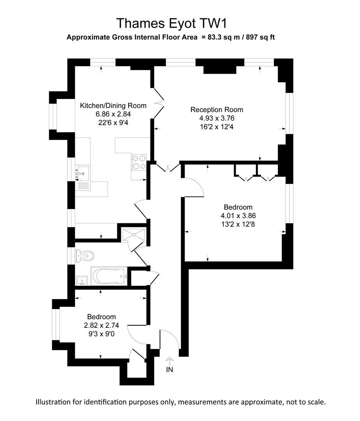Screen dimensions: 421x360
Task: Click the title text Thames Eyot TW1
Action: click(x=171, y=23)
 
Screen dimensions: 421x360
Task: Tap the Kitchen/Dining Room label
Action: click(x=113, y=106)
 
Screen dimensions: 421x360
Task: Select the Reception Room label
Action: click(x=217, y=110)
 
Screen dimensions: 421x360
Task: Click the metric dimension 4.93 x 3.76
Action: click(x=217, y=118)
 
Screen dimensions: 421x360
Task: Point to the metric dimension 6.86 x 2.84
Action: click(x=113, y=114)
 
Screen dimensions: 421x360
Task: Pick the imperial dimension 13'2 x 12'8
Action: click(x=238, y=224)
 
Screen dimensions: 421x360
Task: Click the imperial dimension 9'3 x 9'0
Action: click(x=101, y=334)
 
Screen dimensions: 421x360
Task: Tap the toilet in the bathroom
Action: click(x=86, y=256)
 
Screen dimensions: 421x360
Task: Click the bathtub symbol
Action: click(x=109, y=276)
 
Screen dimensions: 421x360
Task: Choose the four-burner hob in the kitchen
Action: click(x=139, y=162)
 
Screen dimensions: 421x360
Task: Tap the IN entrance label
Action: click(x=169, y=369)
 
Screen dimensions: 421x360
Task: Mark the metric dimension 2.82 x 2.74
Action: click(x=101, y=325)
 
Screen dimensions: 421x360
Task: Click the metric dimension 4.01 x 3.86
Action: click(x=238, y=216)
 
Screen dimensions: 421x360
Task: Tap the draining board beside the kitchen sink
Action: click(x=83, y=186)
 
